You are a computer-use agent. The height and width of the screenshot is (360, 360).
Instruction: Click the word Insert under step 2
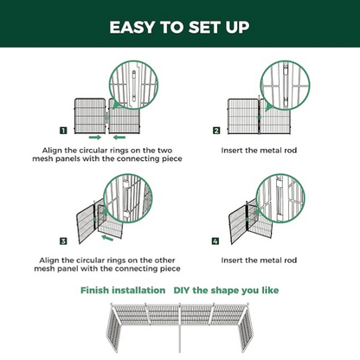tap(236, 150)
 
